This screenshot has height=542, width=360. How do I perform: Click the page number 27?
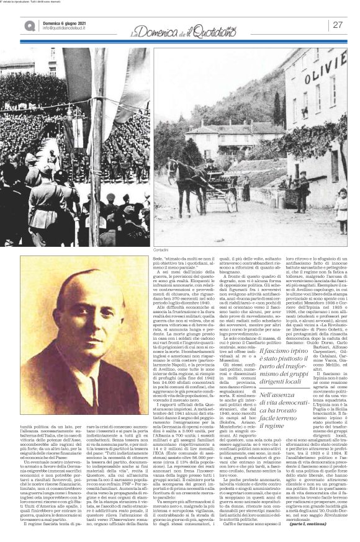(338, 25)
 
